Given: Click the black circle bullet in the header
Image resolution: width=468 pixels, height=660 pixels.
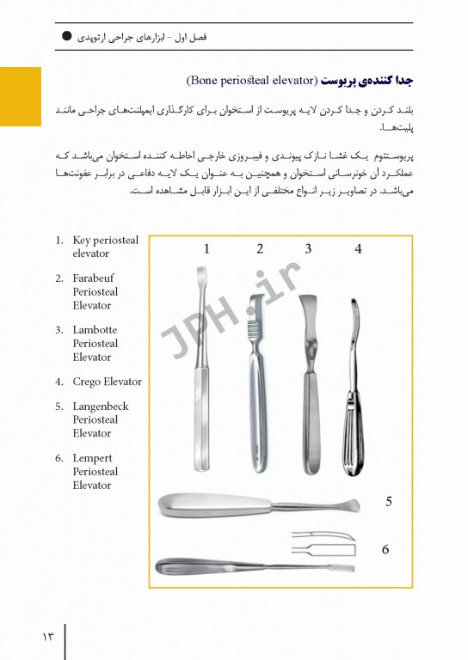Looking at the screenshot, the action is pos(66,37).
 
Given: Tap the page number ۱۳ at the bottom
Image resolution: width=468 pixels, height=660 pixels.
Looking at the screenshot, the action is pos(46,637).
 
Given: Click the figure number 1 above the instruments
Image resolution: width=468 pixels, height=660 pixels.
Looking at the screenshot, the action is pos(207,249).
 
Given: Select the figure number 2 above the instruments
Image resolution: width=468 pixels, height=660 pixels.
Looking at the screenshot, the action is pos(260,249).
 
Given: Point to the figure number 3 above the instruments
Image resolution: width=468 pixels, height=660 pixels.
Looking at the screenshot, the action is pos(308,249).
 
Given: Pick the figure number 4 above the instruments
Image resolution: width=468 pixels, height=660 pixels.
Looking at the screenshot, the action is pos(358,249).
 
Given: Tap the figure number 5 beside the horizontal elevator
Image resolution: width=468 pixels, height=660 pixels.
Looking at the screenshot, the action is pos(389,502).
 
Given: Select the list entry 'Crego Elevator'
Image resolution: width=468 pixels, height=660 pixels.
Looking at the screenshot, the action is pos(107,382).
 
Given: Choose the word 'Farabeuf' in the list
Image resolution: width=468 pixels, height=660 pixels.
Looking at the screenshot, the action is pos(93,278).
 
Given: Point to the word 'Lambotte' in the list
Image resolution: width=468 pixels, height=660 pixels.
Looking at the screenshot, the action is pos(95,330).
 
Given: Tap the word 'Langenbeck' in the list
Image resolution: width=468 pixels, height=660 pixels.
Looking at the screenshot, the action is pos(100,406).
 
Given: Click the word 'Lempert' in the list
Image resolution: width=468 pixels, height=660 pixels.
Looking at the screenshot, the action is pos(92,458).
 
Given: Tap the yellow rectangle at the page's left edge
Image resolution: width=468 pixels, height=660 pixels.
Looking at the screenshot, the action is pos(20,96).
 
